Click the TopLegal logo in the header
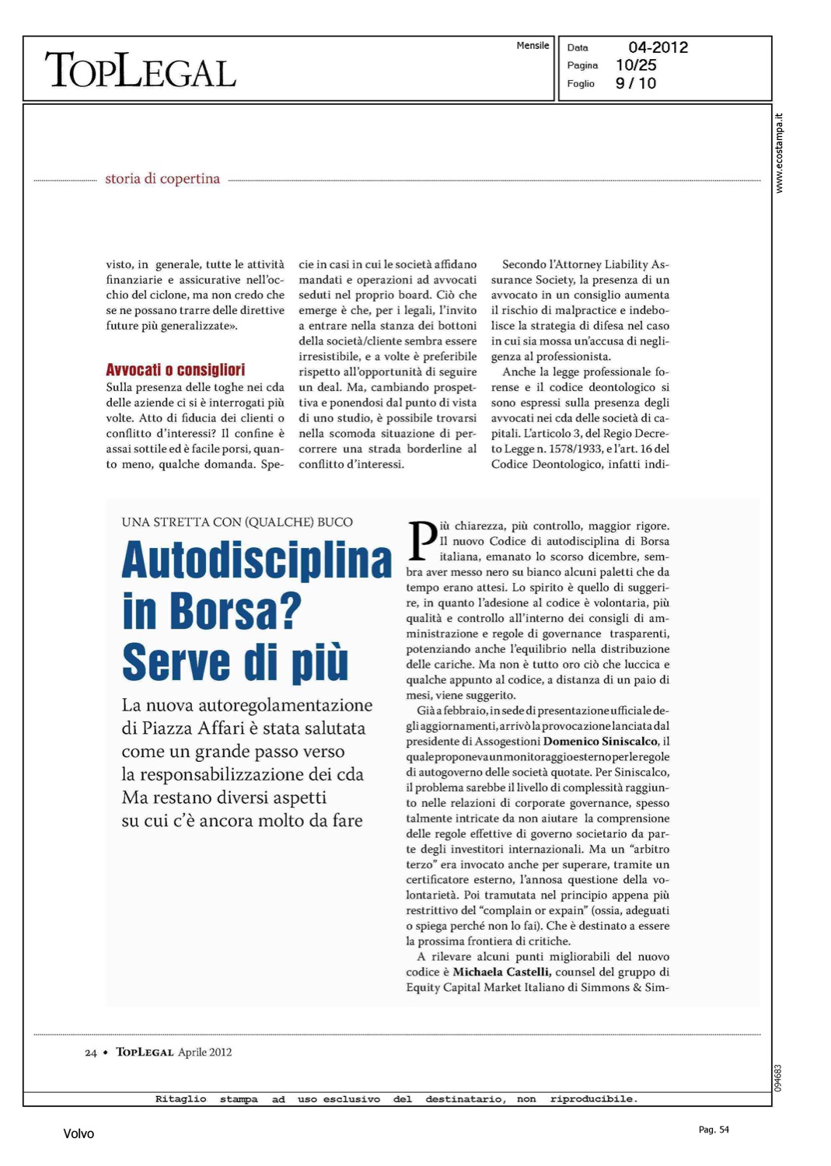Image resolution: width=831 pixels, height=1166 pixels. click(x=141, y=71)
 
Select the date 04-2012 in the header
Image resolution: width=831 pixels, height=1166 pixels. click(x=658, y=47)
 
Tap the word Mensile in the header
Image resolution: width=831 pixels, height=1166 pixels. click(x=532, y=46)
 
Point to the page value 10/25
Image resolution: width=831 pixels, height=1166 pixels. click(x=636, y=65)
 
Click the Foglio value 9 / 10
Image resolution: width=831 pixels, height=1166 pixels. click(x=636, y=83)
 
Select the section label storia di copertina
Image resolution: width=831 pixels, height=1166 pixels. click(x=162, y=179)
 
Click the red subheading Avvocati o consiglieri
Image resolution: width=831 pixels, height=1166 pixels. click(x=176, y=370)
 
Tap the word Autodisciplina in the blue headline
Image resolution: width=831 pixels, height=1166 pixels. click(x=257, y=560)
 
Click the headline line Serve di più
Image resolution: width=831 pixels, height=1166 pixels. click(x=235, y=662)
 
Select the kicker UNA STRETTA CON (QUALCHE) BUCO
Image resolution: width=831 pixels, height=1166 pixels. click(x=237, y=522)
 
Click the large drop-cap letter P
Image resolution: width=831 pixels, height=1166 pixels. click(x=422, y=540)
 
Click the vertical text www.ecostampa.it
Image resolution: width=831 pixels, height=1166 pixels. click(x=780, y=153)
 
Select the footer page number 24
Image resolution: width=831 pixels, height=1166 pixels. click(x=91, y=1053)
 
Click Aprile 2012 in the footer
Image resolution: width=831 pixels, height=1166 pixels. click(x=205, y=1053)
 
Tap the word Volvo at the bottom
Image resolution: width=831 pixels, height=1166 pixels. click(x=79, y=1134)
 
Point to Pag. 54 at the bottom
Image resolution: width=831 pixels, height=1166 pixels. click(x=714, y=1129)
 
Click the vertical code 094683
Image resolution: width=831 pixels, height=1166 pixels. click(x=779, y=1078)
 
